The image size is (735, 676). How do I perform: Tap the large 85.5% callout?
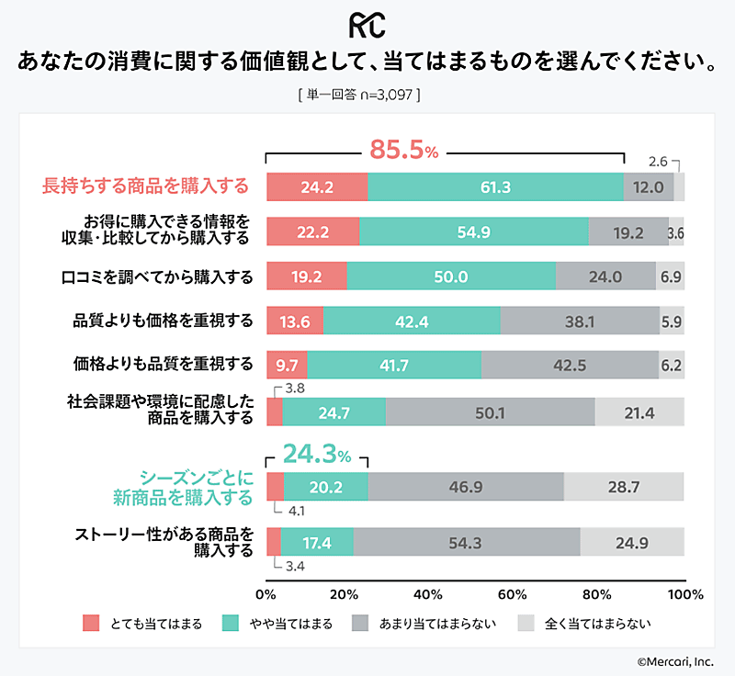pyautogui.click(x=402, y=150)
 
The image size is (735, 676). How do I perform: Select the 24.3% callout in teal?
pyautogui.click(x=316, y=453)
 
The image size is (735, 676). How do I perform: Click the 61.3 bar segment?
pyautogui.click(x=495, y=186)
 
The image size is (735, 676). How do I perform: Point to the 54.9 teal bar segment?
pyautogui.click(x=474, y=231)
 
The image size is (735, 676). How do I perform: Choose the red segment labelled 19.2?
pyautogui.click(x=307, y=276)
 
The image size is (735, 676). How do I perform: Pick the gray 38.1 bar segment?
pyautogui.click(x=580, y=320)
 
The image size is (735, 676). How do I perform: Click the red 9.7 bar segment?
pyautogui.click(x=287, y=365)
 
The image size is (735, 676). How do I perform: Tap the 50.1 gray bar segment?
pyautogui.click(x=490, y=412)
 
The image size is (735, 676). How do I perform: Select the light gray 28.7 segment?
pyautogui.click(x=624, y=486)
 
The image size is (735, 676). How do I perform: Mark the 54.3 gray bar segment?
pyautogui.click(x=467, y=542)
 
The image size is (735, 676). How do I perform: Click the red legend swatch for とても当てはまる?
pyautogui.click(x=90, y=623)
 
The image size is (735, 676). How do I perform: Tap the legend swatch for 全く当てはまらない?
pyautogui.click(x=526, y=623)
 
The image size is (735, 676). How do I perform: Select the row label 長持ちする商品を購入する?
pyautogui.click(x=146, y=186)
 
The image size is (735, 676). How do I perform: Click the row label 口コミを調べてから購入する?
pyautogui.click(x=157, y=276)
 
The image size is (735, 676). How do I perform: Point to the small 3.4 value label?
pyautogui.click(x=295, y=566)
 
